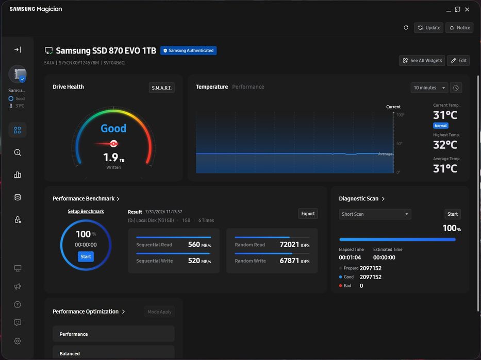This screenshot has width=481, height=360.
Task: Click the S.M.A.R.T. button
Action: pyautogui.click(x=161, y=88)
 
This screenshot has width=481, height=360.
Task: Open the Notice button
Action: pyautogui.click(x=459, y=28)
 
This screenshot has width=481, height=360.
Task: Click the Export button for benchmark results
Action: pyautogui.click(x=308, y=214)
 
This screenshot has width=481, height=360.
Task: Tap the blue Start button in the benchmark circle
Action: pyautogui.click(x=86, y=256)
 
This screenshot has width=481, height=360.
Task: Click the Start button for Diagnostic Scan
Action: pyautogui.click(x=452, y=214)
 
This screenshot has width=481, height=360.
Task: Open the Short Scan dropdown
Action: pyautogui.click(x=375, y=214)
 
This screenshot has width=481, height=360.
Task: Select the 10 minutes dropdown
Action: pyautogui.click(x=429, y=88)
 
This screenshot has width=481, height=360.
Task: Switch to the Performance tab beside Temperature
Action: pyautogui.click(x=248, y=87)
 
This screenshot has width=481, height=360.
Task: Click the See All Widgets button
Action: pyautogui.click(x=423, y=61)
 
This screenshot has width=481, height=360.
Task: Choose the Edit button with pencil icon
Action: pyautogui.click(x=458, y=61)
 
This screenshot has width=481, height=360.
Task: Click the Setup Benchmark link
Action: pyautogui.click(x=86, y=211)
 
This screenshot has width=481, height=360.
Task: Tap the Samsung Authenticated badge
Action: pyautogui.click(x=188, y=50)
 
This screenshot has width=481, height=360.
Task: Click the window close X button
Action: pyautogui.click(x=467, y=9)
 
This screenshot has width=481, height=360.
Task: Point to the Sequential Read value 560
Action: pyautogui.click(x=194, y=244)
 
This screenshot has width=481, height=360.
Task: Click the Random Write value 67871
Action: pyautogui.click(x=289, y=261)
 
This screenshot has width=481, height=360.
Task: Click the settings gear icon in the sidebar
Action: pyautogui.click(x=18, y=341)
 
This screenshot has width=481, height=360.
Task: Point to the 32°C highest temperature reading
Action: pyautogui.click(x=445, y=145)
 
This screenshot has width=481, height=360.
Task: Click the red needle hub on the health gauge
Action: pyautogui.click(x=113, y=143)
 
